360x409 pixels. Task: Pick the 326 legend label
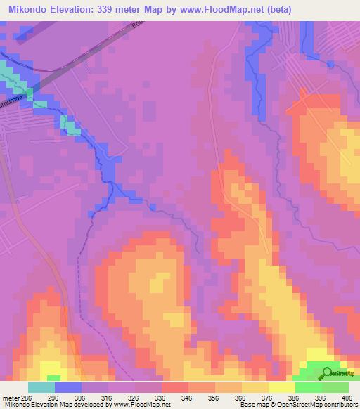tap(135, 397)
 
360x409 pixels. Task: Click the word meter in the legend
tap(11, 397)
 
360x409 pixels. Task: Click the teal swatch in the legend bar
tap(41, 387)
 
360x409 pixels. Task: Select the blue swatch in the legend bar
tap(68, 387)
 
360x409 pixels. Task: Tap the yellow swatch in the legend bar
tap(282, 387)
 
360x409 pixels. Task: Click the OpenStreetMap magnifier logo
tap(326, 373)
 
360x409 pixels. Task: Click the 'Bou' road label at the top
tap(136, 27)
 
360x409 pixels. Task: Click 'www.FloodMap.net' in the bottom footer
tap(143, 405)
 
